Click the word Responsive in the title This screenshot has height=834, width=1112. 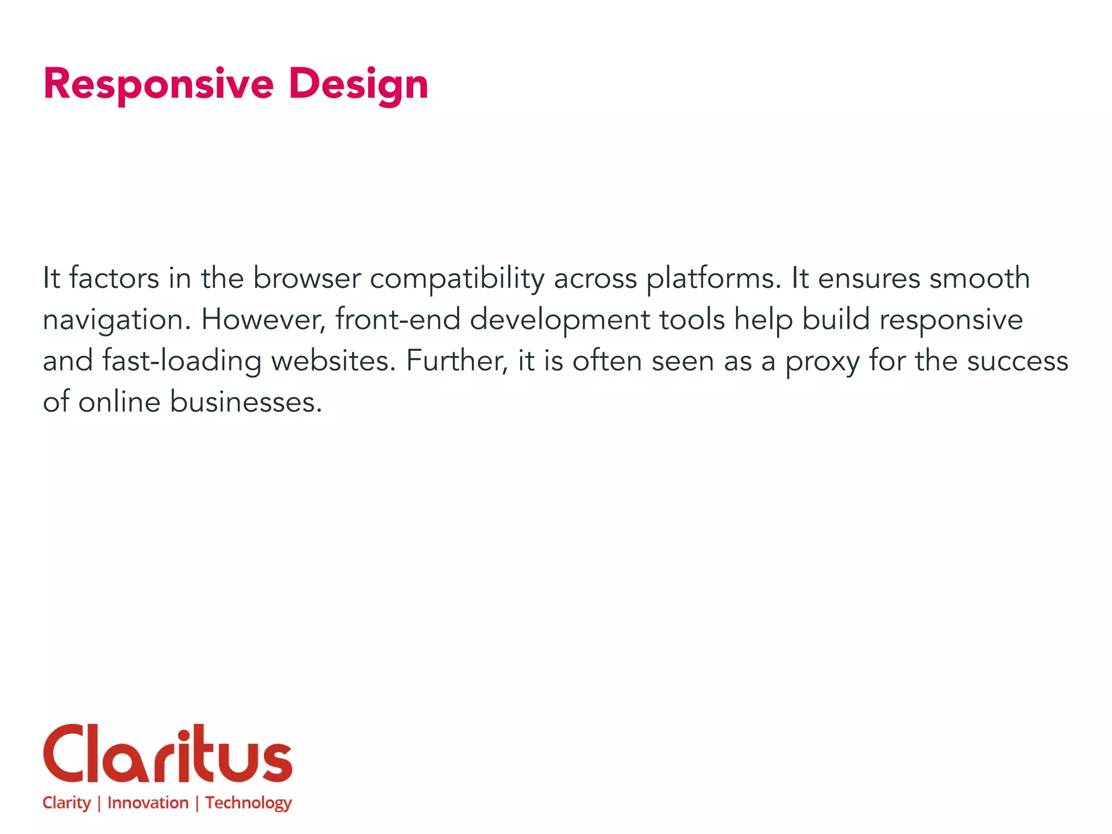(x=158, y=84)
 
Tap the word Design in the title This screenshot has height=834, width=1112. (x=358, y=84)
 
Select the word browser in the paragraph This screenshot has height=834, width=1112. (x=307, y=278)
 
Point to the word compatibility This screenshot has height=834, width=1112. (x=457, y=279)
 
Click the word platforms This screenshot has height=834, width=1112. (x=713, y=279)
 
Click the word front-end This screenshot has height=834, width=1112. (x=397, y=319)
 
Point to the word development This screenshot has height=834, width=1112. (x=559, y=320)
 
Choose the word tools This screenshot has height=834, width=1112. (x=692, y=319)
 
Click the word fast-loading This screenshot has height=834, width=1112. (x=181, y=361)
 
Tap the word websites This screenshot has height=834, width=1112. (x=333, y=361)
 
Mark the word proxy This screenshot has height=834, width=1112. (x=822, y=362)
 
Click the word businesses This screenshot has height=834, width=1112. (x=246, y=402)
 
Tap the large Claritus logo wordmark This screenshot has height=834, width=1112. (x=167, y=754)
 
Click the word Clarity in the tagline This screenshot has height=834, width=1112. (x=66, y=803)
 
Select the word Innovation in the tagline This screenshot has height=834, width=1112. (x=148, y=803)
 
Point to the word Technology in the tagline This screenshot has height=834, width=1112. (x=248, y=803)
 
